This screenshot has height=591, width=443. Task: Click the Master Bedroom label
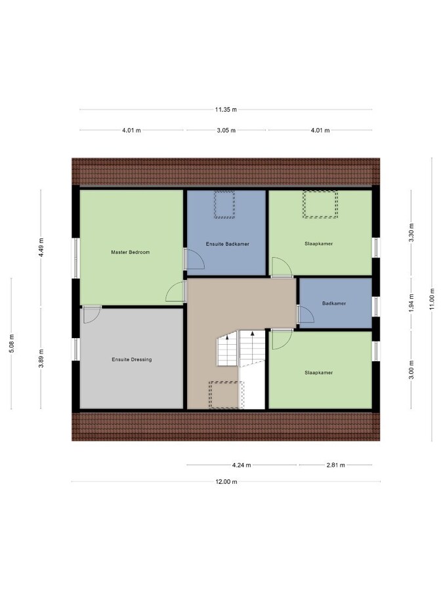tap(131, 252)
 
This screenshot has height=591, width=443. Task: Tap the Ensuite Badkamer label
tap(227, 244)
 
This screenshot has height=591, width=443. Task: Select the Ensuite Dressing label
tap(131, 359)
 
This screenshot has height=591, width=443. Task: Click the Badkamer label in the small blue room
tap(334, 303)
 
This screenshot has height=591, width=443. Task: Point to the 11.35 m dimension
tap(226, 110)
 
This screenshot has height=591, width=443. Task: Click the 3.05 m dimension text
tap(226, 130)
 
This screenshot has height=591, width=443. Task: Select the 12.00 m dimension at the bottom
tap(226, 481)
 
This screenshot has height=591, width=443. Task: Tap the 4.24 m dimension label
tap(242, 466)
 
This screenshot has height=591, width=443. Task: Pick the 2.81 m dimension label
tap(335, 466)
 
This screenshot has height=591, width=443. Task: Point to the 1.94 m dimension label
tap(411, 304)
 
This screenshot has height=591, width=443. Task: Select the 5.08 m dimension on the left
tap(12, 343)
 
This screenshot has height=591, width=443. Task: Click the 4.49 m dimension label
tap(41, 246)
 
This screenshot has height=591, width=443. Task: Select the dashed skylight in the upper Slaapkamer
tap(320, 204)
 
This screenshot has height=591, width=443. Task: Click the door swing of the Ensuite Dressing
tap(91, 314)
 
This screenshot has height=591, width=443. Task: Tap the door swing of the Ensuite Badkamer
tap(196, 259)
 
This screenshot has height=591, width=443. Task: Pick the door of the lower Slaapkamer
tap(280, 338)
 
